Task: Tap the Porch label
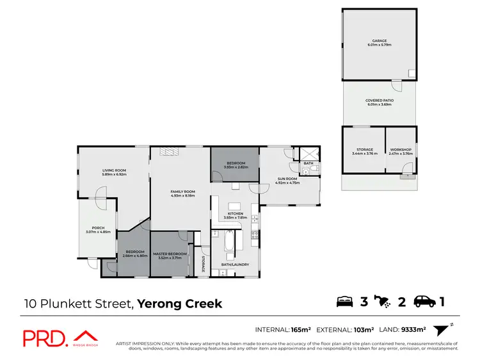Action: (x=98, y=229)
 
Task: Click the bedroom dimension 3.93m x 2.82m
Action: (x=235, y=168)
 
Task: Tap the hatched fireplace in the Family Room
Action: (x=168, y=152)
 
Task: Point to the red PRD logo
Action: (x=45, y=338)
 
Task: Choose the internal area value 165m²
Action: (x=300, y=330)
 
